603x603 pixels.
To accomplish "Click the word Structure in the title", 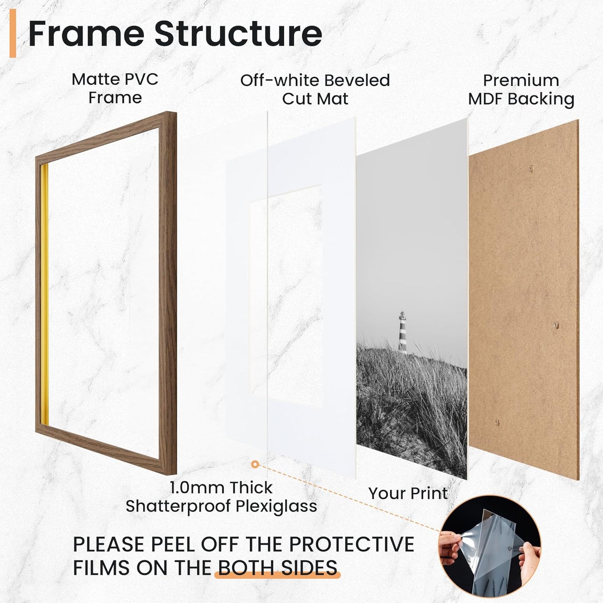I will tap(238, 33).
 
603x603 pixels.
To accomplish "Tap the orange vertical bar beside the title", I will tap(13, 33).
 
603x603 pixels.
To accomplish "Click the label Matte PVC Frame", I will tap(115, 88).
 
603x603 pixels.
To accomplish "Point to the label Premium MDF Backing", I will tap(521, 90).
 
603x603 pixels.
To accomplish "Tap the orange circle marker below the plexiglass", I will tap(255, 464).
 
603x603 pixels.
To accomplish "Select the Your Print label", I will tap(408, 493).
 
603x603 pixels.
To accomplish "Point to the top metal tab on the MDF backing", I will tap(531, 169).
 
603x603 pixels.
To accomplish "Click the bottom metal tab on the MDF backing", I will tap(497, 423).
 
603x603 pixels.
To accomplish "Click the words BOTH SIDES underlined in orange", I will tap(278, 568).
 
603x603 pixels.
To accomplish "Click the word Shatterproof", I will tap(178, 506).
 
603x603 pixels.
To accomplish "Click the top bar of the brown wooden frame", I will tap(104, 134).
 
